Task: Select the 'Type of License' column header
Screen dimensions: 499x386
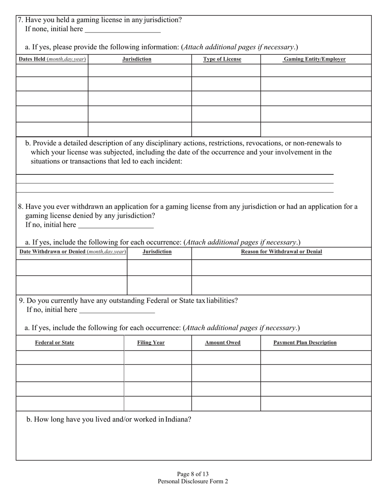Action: [x=222, y=59]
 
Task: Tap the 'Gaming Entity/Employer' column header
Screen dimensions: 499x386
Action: [x=314, y=59]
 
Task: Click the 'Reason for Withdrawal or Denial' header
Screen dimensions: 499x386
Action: [x=282, y=252]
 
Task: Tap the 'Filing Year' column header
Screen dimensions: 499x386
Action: [x=151, y=343]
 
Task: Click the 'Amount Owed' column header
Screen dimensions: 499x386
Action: [x=223, y=343]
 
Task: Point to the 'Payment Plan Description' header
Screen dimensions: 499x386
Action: [x=305, y=343]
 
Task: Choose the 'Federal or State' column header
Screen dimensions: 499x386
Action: [x=54, y=343]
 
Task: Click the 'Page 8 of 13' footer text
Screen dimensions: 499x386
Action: [x=193, y=474]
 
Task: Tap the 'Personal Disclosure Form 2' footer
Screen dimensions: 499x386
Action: [x=193, y=482]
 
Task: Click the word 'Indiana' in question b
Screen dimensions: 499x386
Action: [x=178, y=419]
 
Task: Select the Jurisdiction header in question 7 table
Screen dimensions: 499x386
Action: [x=137, y=59]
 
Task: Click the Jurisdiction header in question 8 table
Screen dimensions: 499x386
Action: [x=157, y=252]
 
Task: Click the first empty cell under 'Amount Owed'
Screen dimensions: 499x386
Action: [x=226, y=357]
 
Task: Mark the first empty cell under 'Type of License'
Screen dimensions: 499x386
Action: [x=226, y=70]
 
